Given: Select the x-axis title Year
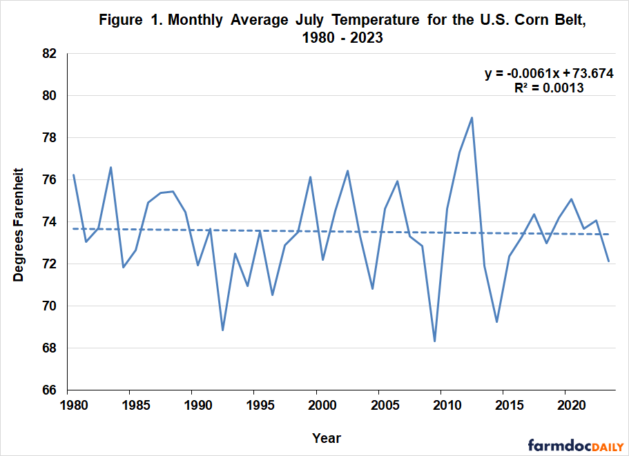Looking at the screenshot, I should click(x=326, y=437).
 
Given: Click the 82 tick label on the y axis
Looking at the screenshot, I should click(x=48, y=54).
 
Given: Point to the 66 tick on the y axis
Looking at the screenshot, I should click(x=48, y=390).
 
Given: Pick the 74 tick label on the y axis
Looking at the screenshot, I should click(x=48, y=222).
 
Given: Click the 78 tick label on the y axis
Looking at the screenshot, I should click(x=48, y=138).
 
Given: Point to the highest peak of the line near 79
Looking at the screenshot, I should click(x=472, y=117).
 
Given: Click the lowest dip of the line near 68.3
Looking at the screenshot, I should click(x=434, y=341).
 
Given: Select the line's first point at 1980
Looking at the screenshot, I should click(x=73, y=175).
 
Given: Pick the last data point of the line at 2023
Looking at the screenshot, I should click(x=608, y=261).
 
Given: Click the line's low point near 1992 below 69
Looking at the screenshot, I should click(x=222, y=330).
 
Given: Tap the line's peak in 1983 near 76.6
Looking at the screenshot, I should click(x=110, y=167).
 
